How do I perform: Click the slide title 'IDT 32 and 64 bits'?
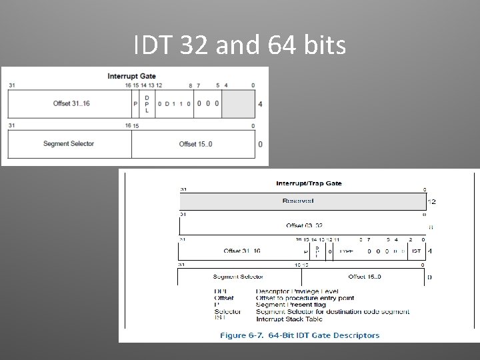pos(239,45)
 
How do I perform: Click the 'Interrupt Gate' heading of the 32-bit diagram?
pos(131,76)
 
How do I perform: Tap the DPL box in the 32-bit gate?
pos(147,103)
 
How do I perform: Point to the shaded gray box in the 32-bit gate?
pos(238,103)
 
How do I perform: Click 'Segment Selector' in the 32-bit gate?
pos(68,144)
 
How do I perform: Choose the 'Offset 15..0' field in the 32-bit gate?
pos(196,144)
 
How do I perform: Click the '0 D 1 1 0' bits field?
pos(175,104)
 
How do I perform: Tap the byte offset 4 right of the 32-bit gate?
pos(260,104)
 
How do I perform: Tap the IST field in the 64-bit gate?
pos(416,251)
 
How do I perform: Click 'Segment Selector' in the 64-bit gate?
pos(239,277)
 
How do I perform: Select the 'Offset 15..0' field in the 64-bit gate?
pos(365,277)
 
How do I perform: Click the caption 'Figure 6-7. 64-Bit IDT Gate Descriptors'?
pos(299,335)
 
